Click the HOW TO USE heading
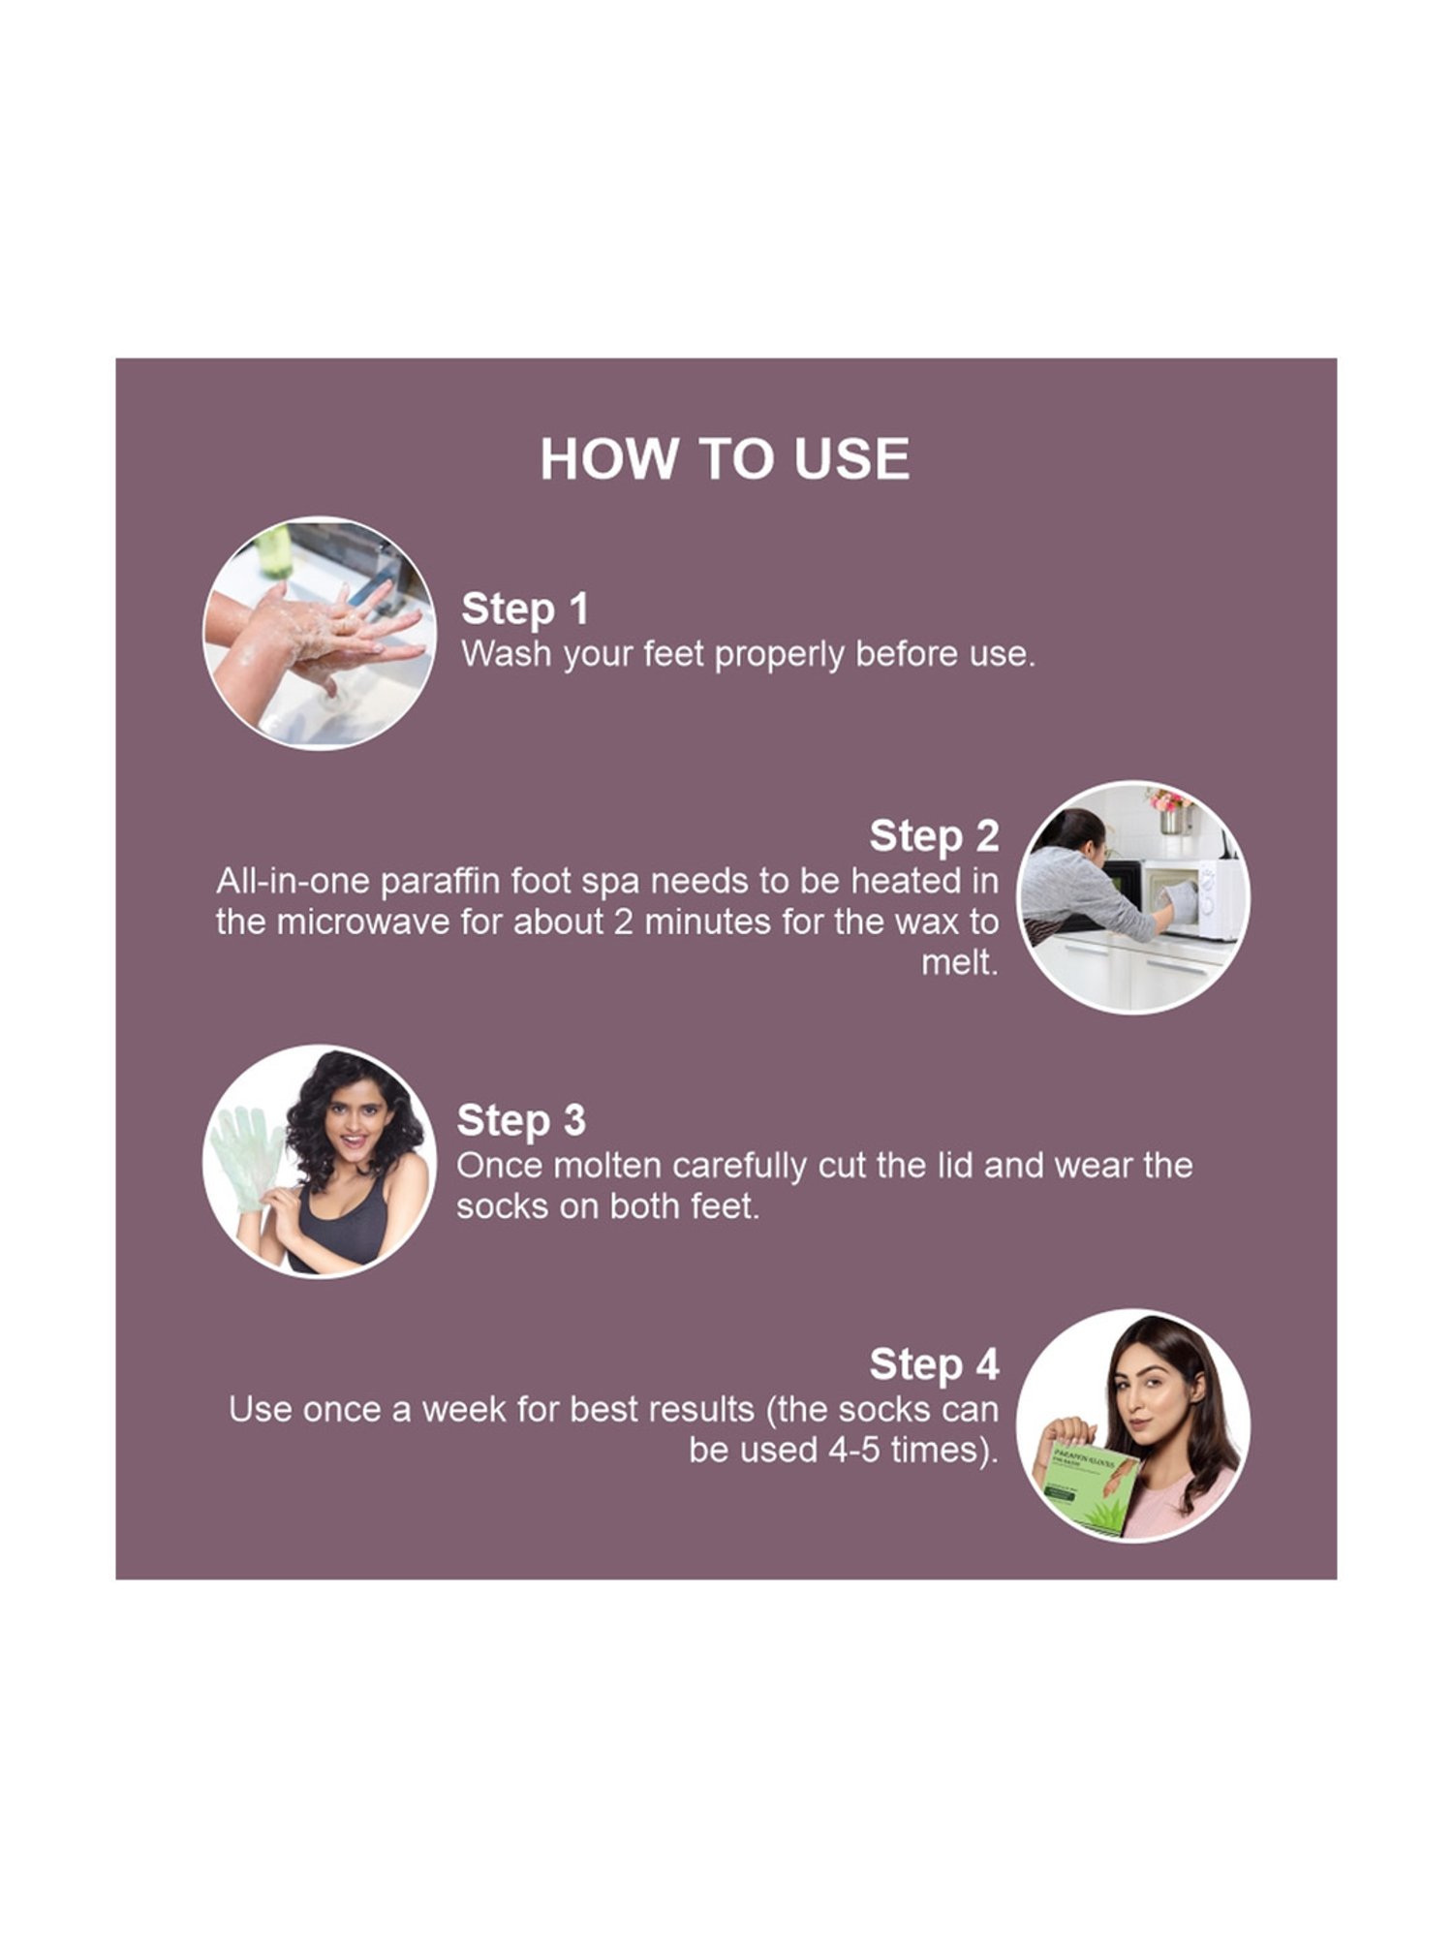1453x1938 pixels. (x=725, y=458)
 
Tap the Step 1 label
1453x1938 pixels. (x=525, y=609)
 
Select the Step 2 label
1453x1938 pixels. (x=934, y=836)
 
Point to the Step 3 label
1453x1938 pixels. (x=521, y=1120)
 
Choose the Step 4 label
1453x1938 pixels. (x=934, y=1364)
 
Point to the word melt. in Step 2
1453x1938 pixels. (x=959, y=963)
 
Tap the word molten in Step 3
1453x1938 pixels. (x=606, y=1166)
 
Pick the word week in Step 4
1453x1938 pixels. (x=465, y=1409)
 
